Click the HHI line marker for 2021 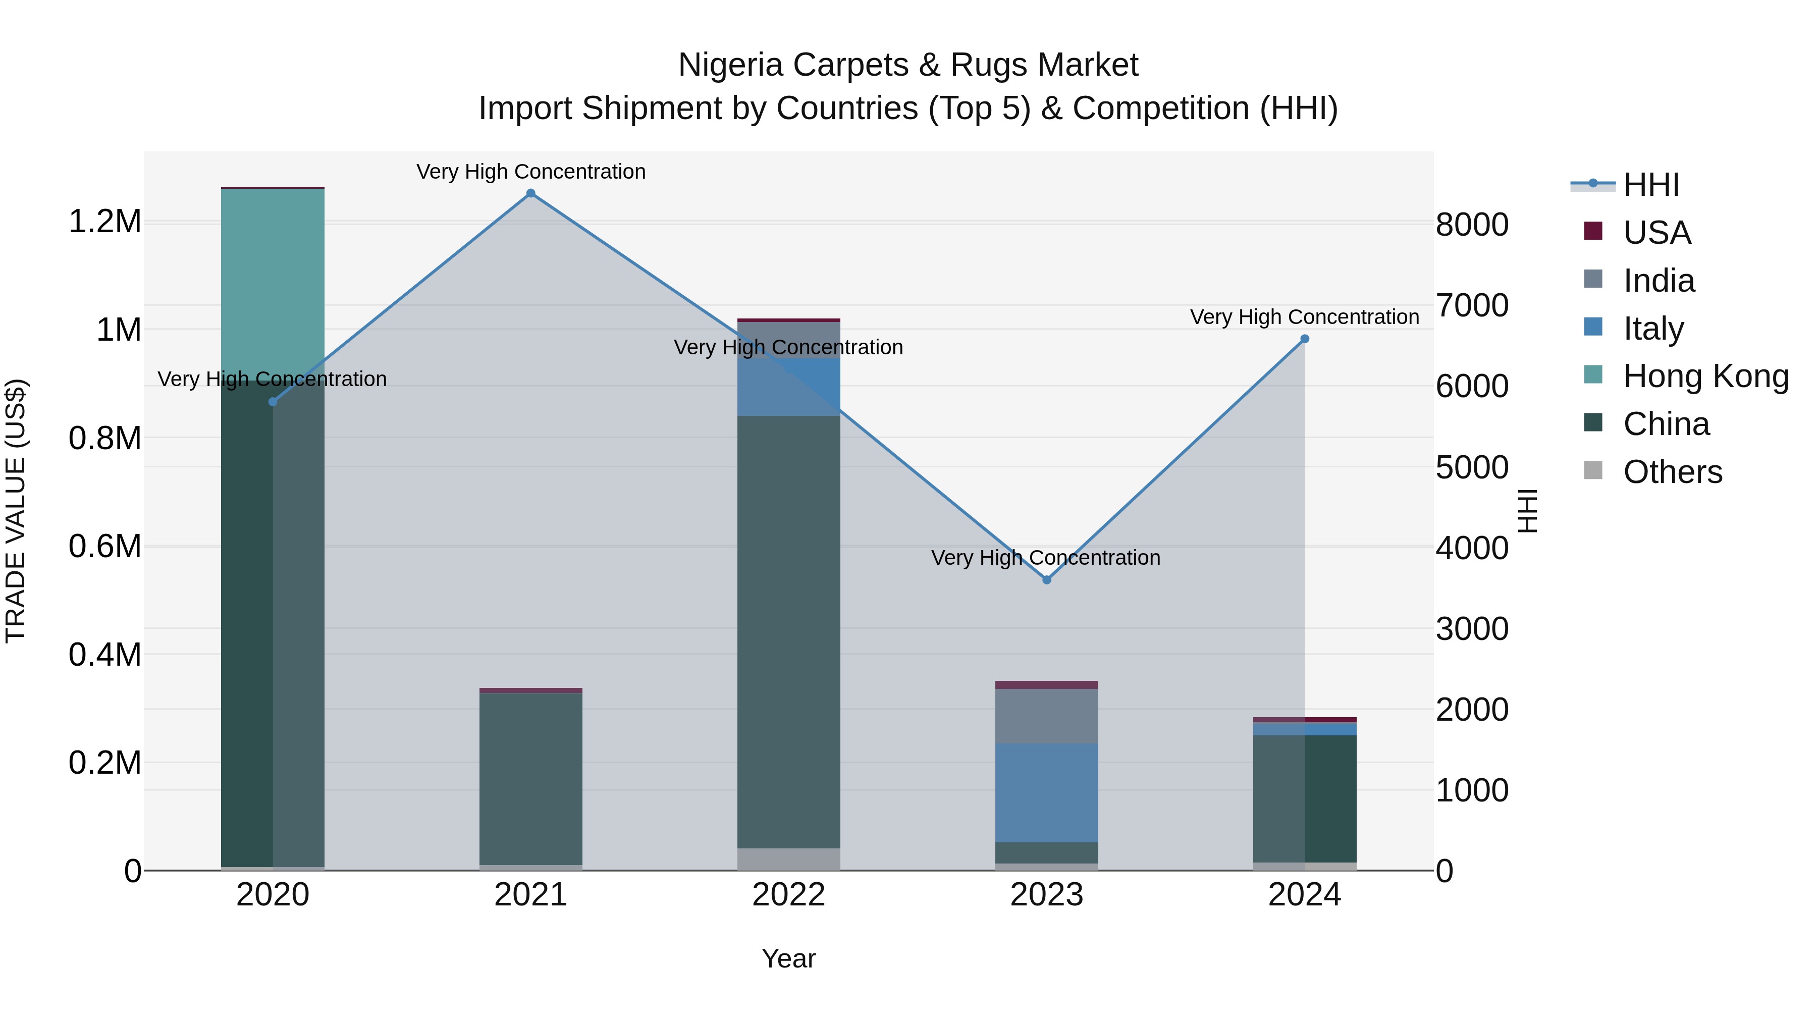tap(531, 193)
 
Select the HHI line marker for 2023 tap(1047, 580)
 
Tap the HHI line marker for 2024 tap(1304, 339)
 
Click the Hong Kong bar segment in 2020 tap(273, 282)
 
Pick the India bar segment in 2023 tap(1047, 716)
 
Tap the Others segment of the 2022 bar tap(788, 859)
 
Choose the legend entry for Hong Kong tap(1705, 376)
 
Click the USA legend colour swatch tap(1593, 231)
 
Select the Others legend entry tap(1672, 472)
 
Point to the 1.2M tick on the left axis tap(105, 222)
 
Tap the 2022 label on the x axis tap(788, 895)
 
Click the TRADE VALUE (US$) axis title tap(16, 511)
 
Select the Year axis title tap(788, 958)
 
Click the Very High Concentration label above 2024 tap(1304, 317)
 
